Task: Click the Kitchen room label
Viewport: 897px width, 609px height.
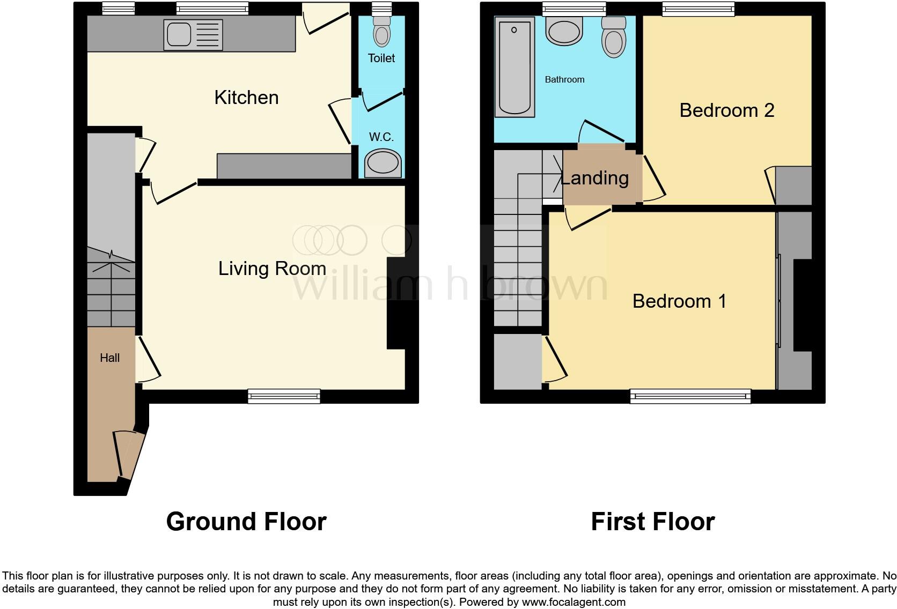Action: (x=246, y=98)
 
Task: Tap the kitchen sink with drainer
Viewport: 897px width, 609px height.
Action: (x=193, y=35)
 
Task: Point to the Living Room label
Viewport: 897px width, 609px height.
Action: (x=272, y=269)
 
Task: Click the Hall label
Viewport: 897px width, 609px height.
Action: (x=109, y=358)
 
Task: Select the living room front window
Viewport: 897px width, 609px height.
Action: (x=284, y=397)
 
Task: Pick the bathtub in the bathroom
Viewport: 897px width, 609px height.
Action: (x=514, y=67)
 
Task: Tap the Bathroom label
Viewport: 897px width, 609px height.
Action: (x=564, y=79)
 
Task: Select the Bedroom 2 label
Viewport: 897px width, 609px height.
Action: (x=726, y=110)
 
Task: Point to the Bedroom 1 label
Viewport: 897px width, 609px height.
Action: (x=679, y=301)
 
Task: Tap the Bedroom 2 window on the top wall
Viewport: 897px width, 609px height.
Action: (x=698, y=8)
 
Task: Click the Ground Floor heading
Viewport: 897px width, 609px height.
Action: (x=246, y=521)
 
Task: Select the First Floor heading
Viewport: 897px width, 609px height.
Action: (x=652, y=521)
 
